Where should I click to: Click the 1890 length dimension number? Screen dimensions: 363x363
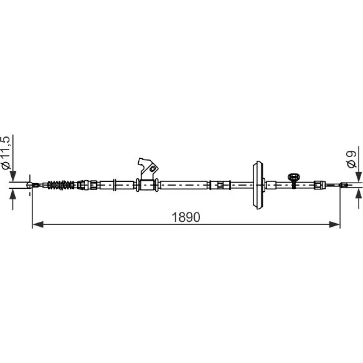click(186, 217)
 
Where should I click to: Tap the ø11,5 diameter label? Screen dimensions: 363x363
click(6, 152)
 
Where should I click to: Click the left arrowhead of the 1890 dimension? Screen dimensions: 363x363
click(38, 224)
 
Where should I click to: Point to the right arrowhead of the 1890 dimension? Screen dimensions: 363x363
click(335, 224)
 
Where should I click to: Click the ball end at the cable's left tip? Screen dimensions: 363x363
click(30, 185)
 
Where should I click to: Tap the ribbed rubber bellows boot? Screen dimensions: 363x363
click(61, 185)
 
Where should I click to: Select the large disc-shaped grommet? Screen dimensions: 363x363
click(258, 185)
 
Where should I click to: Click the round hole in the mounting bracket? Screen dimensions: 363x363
click(152, 169)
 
